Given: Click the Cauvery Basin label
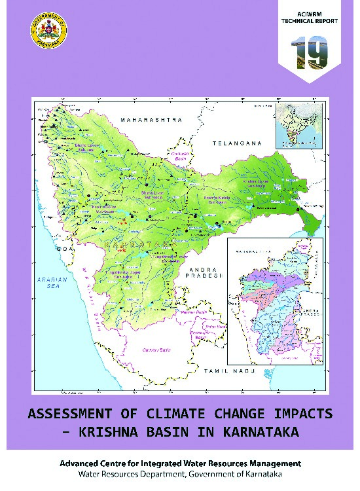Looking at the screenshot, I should [x=158, y=350].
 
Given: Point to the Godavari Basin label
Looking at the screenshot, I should [x=181, y=156].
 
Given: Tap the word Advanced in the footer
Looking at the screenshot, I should [x=81, y=463].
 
